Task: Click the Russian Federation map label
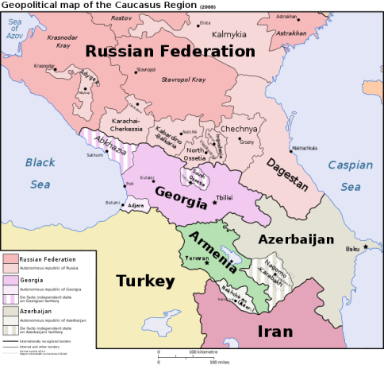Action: (170, 51)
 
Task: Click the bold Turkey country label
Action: (144, 281)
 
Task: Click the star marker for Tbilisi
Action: (214, 203)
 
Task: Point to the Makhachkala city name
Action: (304, 148)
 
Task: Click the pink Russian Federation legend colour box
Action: (10, 259)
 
